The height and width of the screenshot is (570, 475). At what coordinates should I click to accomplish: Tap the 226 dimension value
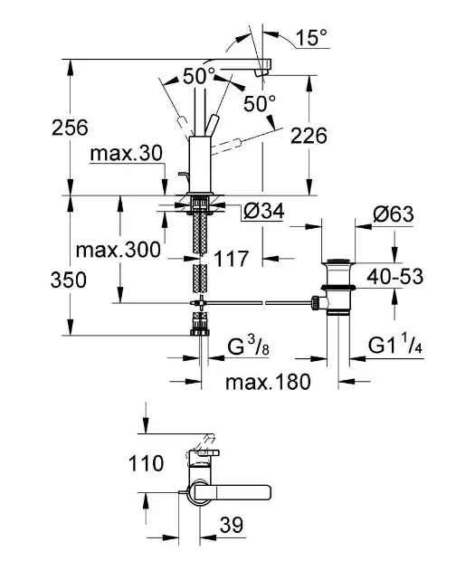click(307, 136)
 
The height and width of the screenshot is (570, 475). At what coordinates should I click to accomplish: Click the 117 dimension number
click(233, 259)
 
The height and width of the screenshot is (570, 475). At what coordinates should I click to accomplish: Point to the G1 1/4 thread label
click(398, 347)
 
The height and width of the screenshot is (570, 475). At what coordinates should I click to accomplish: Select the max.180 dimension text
click(268, 381)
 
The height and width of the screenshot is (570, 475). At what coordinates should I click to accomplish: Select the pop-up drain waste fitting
click(337, 285)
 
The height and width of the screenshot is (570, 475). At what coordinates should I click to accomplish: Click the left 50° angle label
click(198, 76)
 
